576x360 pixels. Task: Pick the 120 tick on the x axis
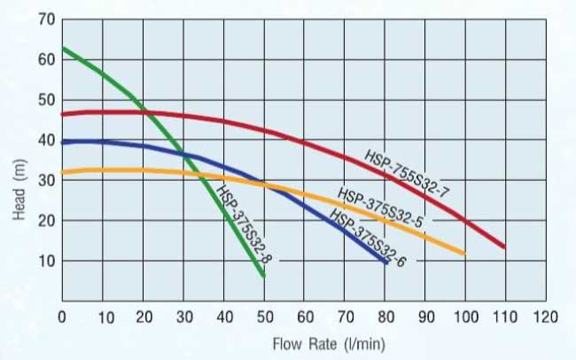[546, 317]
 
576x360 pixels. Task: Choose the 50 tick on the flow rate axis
[264, 317]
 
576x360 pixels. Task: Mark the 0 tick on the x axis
[62, 317]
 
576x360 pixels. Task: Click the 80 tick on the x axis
[385, 317]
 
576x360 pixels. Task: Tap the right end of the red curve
[504, 247]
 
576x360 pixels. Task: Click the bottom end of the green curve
[263, 276]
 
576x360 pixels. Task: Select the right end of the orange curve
[464, 254]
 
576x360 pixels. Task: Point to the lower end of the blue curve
[386, 262]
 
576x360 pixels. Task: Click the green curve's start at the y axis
[63, 48]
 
